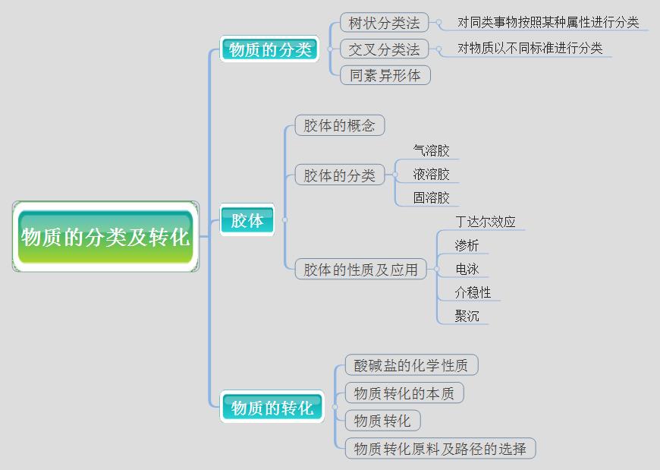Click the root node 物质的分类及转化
tap(105, 237)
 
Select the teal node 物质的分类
tap(270, 49)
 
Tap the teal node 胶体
tap(247, 220)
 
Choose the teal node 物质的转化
tap(272, 408)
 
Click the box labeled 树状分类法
tap(384, 23)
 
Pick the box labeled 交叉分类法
tap(384, 49)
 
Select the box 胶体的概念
tap(340, 125)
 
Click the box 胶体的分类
tap(340, 175)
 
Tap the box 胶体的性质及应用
tap(361, 269)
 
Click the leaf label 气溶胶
tap(431, 151)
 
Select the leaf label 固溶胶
tap(431, 198)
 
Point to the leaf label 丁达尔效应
tap(485, 222)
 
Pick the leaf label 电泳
tap(467, 269)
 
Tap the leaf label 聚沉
tap(467, 316)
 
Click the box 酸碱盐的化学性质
tap(411, 365)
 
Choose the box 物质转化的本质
tap(404, 393)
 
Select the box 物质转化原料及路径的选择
tap(440, 449)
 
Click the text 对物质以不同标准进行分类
tap(530, 49)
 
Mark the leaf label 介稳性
tap(473, 292)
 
